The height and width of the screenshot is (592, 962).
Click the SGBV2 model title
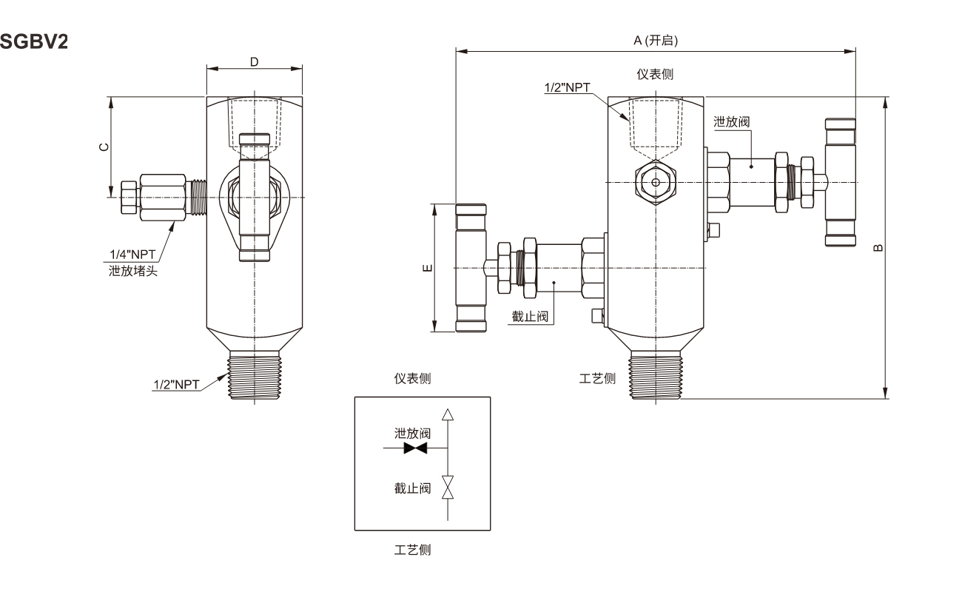[x=34, y=42]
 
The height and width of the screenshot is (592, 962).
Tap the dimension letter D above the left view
[x=255, y=62]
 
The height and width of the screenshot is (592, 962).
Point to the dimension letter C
[x=104, y=147]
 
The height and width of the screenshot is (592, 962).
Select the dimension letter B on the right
[x=878, y=248]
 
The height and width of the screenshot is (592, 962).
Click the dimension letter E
[x=427, y=268]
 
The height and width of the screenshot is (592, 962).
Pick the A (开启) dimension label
[x=656, y=41]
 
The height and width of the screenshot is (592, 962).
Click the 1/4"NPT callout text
[x=132, y=255]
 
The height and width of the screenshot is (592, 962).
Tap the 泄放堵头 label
[x=133, y=271]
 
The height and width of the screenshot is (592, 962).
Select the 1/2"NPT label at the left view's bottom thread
[x=177, y=385]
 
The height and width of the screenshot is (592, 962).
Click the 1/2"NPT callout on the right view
[x=568, y=87]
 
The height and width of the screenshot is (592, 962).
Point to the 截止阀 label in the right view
[x=530, y=317]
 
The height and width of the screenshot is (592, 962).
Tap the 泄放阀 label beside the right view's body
[x=732, y=122]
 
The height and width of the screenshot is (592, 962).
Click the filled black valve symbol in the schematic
[x=415, y=448]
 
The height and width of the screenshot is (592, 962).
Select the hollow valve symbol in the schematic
[x=448, y=487]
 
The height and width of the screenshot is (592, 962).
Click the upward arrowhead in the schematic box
[x=448, y=414]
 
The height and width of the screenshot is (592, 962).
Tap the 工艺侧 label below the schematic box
[x=412, y=550]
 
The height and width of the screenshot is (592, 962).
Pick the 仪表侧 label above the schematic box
[x=412, y=378]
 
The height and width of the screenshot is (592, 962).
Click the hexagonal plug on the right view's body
[x=656, y=183]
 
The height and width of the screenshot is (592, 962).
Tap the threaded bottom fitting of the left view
[x=255, y=375]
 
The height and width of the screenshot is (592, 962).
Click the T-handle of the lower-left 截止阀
[x=471, y=268]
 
